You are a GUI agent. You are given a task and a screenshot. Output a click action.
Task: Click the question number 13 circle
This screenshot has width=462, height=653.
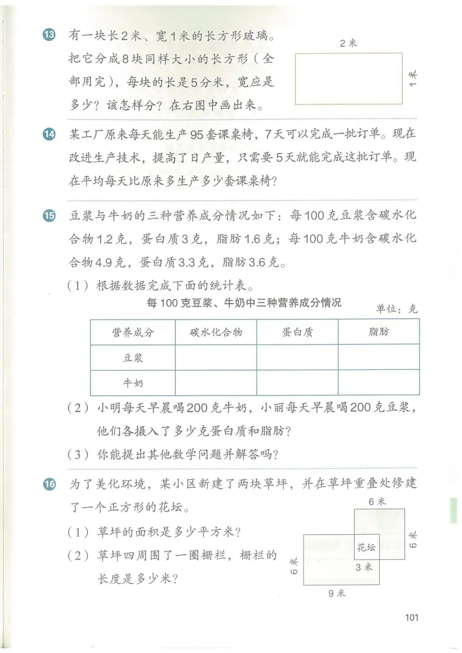click(x=50, y=35)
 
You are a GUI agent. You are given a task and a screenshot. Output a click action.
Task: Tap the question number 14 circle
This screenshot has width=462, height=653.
click(x=50, y=134)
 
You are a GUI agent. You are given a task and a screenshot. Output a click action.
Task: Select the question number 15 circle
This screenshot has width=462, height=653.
click(x=50, y=215)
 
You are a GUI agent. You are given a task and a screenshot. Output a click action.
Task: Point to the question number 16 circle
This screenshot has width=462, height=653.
click(x=50, y=484)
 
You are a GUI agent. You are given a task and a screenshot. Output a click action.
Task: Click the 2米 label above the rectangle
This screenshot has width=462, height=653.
click(x=348, y=43)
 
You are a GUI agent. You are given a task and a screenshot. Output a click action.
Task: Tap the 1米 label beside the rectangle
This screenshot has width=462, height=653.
click(x=412, y=79)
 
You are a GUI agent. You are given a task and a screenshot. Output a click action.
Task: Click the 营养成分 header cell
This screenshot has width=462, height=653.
click(x=133, y=332)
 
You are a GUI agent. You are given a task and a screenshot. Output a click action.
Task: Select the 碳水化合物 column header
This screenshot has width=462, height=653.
click(x=216, y=332)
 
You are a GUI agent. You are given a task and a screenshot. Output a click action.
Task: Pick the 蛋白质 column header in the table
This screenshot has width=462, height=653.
click(x=297, y=332)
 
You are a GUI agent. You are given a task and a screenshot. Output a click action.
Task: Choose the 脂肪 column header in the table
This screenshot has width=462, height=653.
click(x=379, y=332)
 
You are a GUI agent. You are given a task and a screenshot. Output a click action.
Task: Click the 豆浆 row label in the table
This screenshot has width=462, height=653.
click(x=133, y=358)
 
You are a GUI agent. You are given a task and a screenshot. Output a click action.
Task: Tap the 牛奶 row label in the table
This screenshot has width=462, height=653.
click(x=133, y=383)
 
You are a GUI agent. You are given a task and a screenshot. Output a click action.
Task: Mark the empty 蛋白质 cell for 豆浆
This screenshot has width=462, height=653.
click(x=297, y=358)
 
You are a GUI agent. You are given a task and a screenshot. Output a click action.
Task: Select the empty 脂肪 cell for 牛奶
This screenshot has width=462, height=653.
click(x=379, y=383)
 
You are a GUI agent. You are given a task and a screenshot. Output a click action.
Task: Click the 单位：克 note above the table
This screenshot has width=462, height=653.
click(x=396, y=309)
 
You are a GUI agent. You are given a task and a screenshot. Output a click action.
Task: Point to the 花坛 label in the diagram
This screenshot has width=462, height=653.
click(x=366, y=547)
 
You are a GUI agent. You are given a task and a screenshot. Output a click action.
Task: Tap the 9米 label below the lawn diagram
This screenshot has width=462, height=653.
click(x=337, y=593)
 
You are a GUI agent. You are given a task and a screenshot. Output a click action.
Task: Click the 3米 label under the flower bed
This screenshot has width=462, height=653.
click(x=364, y=567)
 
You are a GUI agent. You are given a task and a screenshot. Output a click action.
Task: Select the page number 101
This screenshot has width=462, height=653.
click(x=412, y=617)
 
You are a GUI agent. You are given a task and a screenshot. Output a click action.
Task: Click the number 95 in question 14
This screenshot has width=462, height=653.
click(x=197, y=135)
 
